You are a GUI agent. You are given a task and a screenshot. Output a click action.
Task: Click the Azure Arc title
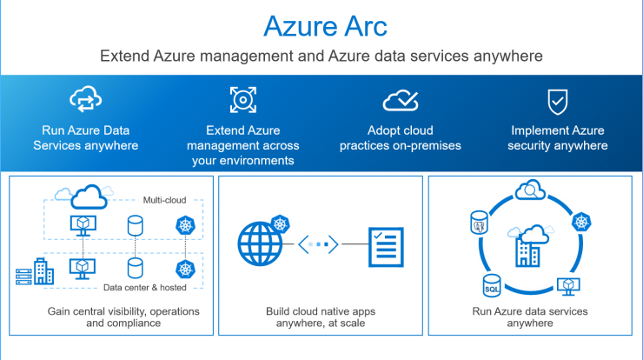pos(325,26)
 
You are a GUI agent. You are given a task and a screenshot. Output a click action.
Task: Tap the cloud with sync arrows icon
pos(85,99)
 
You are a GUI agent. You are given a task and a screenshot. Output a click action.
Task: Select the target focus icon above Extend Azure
pos(243,100)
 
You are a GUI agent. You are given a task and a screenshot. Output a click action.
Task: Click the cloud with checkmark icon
pos(401,101)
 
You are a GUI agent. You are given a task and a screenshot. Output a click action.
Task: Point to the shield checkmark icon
pos(558,102)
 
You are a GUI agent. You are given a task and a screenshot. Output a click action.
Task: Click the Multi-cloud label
pos(164,200)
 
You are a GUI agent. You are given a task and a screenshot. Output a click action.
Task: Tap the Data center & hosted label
pos(145,287)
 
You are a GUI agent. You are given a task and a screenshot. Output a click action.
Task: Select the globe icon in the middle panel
pos(260,243)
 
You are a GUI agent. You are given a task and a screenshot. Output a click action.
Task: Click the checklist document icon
pos(386,247)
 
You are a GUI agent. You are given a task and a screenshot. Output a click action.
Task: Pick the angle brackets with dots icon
pos(318,244)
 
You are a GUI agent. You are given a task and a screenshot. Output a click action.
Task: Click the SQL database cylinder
pos(491,285)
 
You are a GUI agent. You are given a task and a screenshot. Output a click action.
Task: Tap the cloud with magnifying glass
pos(530,190)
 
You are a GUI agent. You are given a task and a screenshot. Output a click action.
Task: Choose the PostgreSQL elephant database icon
pos(479,223)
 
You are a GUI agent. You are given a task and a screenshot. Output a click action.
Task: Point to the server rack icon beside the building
pos(23,277)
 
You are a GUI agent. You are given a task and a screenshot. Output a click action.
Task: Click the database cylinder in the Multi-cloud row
pos(135,226)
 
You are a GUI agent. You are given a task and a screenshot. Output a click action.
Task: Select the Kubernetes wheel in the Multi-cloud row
pos(185,225)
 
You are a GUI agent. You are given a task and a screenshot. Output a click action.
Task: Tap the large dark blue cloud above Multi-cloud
pos(89,197)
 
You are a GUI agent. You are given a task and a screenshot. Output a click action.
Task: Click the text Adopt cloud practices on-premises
pos(401,138)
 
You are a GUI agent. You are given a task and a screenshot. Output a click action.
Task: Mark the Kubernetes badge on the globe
pos(281,224)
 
